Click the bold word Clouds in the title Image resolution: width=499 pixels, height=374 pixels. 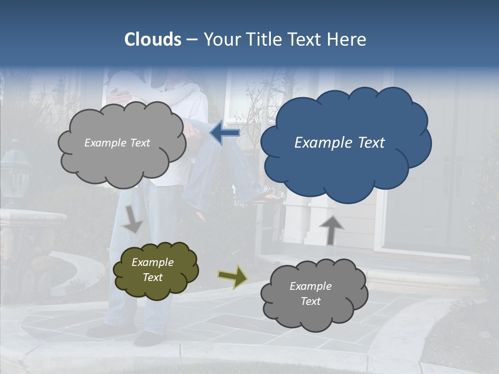point(153,39)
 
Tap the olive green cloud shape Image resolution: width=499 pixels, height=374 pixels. point(155,270)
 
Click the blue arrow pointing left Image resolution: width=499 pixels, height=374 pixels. point(225,132)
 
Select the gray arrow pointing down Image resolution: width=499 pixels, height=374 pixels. point(133,219)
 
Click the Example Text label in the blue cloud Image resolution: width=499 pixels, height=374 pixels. point(339,143)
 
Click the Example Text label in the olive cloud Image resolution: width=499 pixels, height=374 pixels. point(152,270)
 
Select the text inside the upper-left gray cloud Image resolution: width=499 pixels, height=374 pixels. point(117,143)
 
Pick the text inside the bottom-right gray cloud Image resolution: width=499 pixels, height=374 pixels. point(310,293)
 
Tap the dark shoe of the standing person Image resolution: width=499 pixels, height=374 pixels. point(148,339)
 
